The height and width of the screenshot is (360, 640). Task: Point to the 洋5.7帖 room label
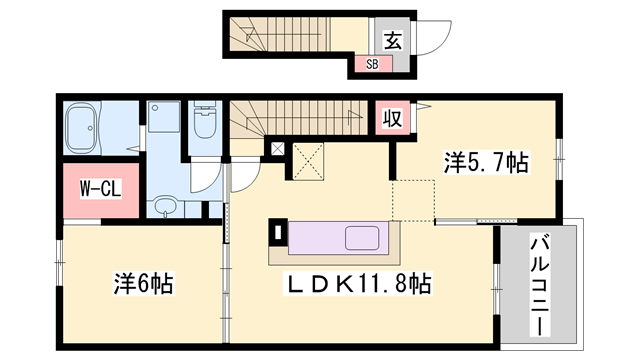486,161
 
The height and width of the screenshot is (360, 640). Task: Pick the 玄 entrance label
393,41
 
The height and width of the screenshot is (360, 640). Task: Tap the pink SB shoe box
371,65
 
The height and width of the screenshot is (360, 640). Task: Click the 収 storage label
394,118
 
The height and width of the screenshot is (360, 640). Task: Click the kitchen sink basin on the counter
363,240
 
